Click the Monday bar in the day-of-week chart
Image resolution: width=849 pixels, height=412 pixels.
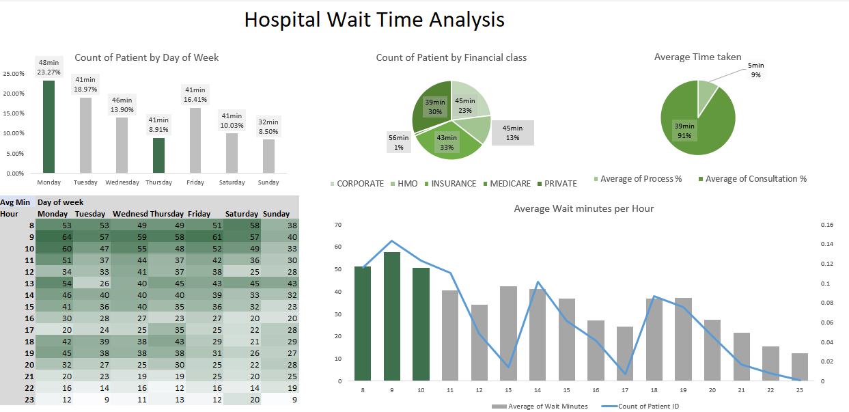point(48,126)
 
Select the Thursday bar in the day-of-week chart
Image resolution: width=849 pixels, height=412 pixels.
point(158,155)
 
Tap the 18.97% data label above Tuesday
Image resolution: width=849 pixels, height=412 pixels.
point(85,89)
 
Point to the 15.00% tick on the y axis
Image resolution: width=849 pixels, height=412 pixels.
point(14,113)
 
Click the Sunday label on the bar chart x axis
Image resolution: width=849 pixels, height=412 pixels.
point(268,182)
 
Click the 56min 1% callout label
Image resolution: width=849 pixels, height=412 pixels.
point(399,143)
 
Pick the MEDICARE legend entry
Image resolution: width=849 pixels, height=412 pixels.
point(507,184)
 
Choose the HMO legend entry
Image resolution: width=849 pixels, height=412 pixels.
point(404,184)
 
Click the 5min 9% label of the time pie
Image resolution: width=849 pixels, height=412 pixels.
point(755,70)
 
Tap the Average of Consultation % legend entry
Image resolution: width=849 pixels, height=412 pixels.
point(752,179)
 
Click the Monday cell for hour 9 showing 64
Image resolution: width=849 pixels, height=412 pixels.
point(54,237)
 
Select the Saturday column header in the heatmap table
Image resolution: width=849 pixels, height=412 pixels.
point(241,214)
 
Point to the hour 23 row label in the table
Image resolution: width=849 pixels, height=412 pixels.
point(29,400)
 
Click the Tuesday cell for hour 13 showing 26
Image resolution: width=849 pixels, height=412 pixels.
point(92,284)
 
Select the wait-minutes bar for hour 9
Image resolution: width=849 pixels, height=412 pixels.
point(392,316)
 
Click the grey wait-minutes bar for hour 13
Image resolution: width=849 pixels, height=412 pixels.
point(508,333)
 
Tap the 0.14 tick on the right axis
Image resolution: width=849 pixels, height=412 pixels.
point(827,244)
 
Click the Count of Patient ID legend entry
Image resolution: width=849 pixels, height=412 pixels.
point(640,407)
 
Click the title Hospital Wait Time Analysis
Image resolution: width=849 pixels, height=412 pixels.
point(374,20)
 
